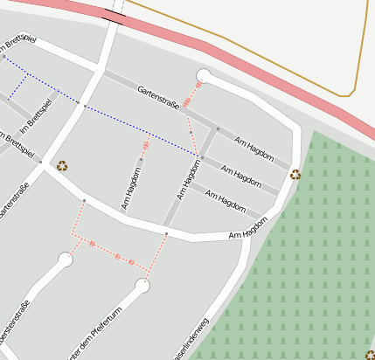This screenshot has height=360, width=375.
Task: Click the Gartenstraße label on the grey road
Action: pyautogui.click(x=158, y=97)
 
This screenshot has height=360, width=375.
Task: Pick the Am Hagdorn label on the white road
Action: pyautogui.click(x=247, y=231)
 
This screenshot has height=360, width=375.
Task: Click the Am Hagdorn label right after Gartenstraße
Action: pyautogui.click(x=253, y=146)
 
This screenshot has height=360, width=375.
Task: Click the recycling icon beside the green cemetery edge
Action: pyautogui.click(x=295, y=175)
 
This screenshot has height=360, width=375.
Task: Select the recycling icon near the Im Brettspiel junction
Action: pyautogui.click(x=62, y=165)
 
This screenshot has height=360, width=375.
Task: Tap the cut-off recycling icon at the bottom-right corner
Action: pyautogui.click(x=370, y=355)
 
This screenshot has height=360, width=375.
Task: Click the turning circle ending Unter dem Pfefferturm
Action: pyautogui.click(x=142, y=285)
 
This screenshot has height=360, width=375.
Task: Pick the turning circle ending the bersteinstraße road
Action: pyautogui.click(x=65, y=260)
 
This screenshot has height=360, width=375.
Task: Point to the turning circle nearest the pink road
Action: pyautogui.click(x=205, y=75)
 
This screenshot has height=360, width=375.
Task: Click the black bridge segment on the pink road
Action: pyautogui.click(x=114, y=15)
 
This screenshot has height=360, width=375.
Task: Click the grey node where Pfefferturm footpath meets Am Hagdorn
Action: pyautogui.click(x=166, y=234)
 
